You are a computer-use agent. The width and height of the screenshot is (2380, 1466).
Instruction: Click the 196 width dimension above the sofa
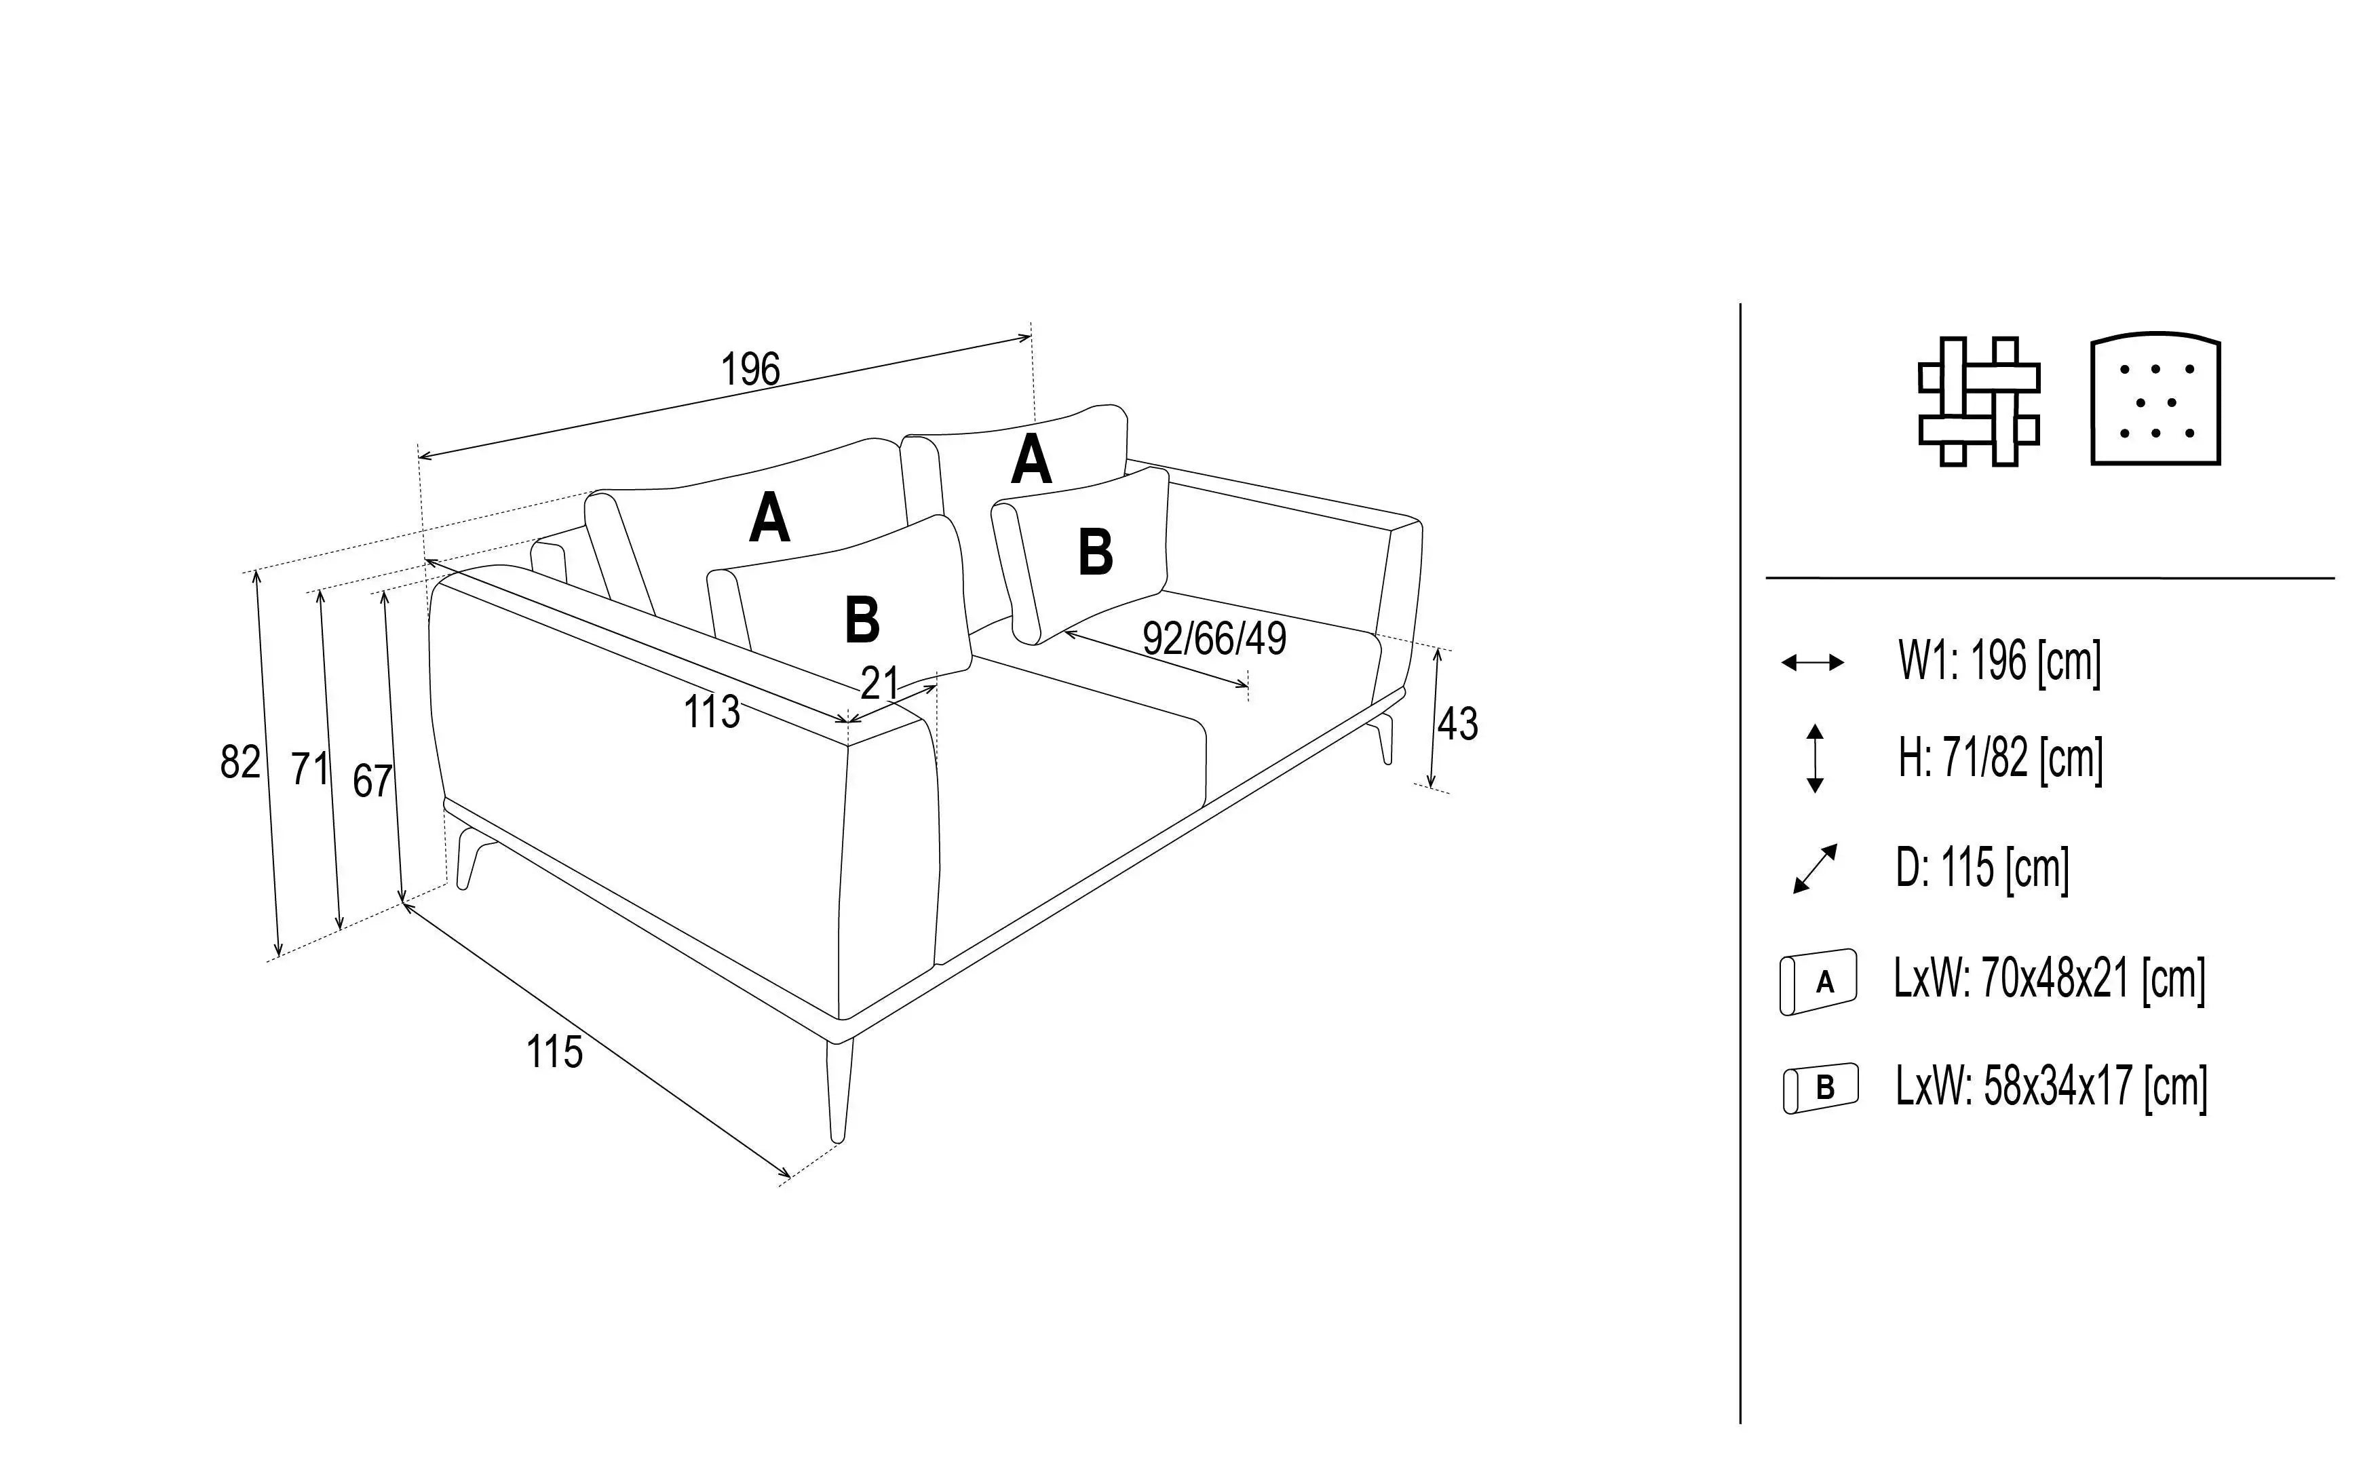click(x=750, y=370)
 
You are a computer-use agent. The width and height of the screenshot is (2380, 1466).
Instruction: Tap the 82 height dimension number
click(x=239, y=762)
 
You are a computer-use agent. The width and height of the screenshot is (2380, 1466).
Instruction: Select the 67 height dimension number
click(x=372, y=782)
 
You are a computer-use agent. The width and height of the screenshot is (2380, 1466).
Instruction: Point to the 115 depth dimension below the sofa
click(x=554, y=1052)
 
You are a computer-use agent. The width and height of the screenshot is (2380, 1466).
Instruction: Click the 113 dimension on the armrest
click(x=712, y=712)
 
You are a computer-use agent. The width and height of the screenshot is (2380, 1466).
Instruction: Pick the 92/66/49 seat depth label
click(x=1214, y=638)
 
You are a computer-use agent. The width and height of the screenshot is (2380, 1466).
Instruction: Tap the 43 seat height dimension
click(x=1457, y=725)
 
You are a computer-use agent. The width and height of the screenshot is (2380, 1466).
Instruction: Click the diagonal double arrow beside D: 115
click(x=1815, y=869)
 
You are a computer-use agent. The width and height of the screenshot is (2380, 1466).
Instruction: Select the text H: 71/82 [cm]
click(x=2001, y=758)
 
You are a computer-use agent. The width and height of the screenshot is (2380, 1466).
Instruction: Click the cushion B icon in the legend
click(x=1821, y=1088)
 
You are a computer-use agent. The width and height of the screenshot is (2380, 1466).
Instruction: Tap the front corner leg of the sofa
click(x=839, y=1092)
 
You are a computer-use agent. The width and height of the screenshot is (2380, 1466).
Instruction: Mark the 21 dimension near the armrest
click(x=880, y=684)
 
